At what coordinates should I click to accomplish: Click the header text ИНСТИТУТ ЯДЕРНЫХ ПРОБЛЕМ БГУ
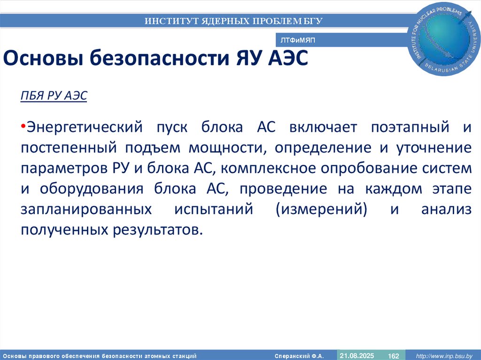tap(233, 21)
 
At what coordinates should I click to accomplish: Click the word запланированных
tap(86, 209)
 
